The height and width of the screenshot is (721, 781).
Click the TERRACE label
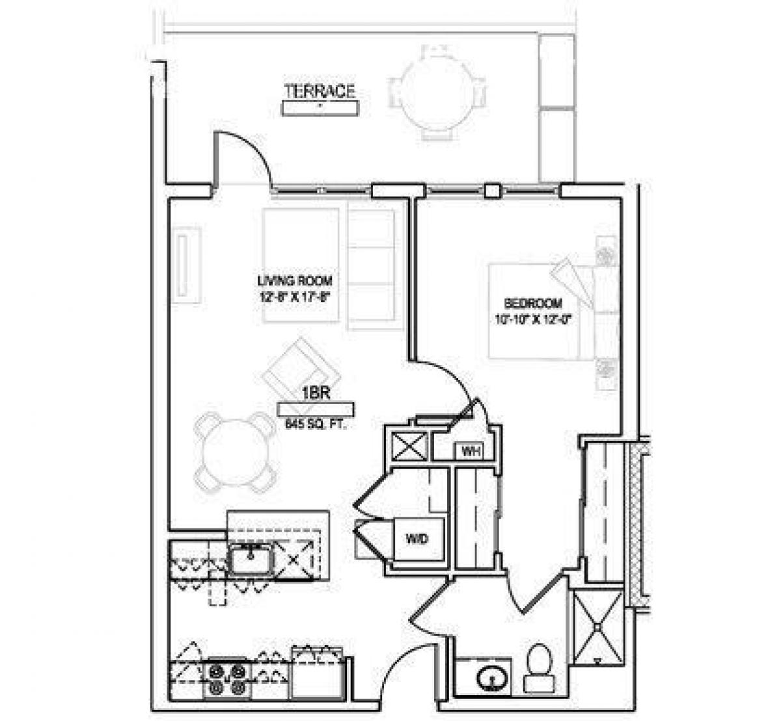coord(320,90)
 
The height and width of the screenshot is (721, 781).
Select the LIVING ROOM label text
coord(295,281)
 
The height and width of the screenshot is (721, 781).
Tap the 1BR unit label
coord(313,393)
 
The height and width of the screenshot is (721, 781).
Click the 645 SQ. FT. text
coord(315,425)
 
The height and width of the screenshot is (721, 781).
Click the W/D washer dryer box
coord(417,539)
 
